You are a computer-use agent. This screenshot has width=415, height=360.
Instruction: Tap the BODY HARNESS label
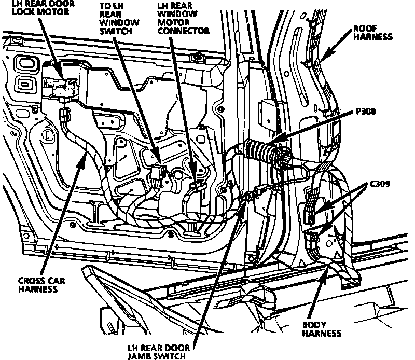tap(322, 329)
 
